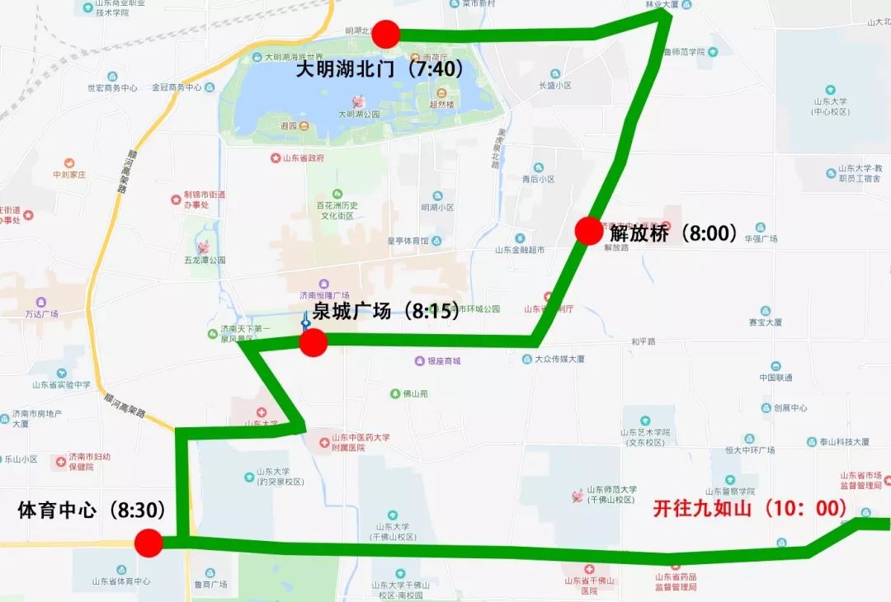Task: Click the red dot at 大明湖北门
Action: pos(385,35)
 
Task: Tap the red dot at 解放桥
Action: pos(589,231)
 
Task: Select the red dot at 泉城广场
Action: pos(313,342)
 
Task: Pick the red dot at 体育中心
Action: pos(148,543)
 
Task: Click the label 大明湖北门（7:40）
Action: pos(379,69)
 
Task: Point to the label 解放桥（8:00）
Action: pos(674,233)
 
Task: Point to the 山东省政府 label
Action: pos(302,158)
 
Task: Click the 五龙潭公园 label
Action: pos(205,260)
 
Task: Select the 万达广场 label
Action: pos(41,313)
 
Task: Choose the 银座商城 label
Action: pos(443,360)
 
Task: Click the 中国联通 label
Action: pos(776,377)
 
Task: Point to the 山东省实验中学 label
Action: pos(61,384)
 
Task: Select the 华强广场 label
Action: pos(761,239)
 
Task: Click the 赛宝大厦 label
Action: pos(766,322)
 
